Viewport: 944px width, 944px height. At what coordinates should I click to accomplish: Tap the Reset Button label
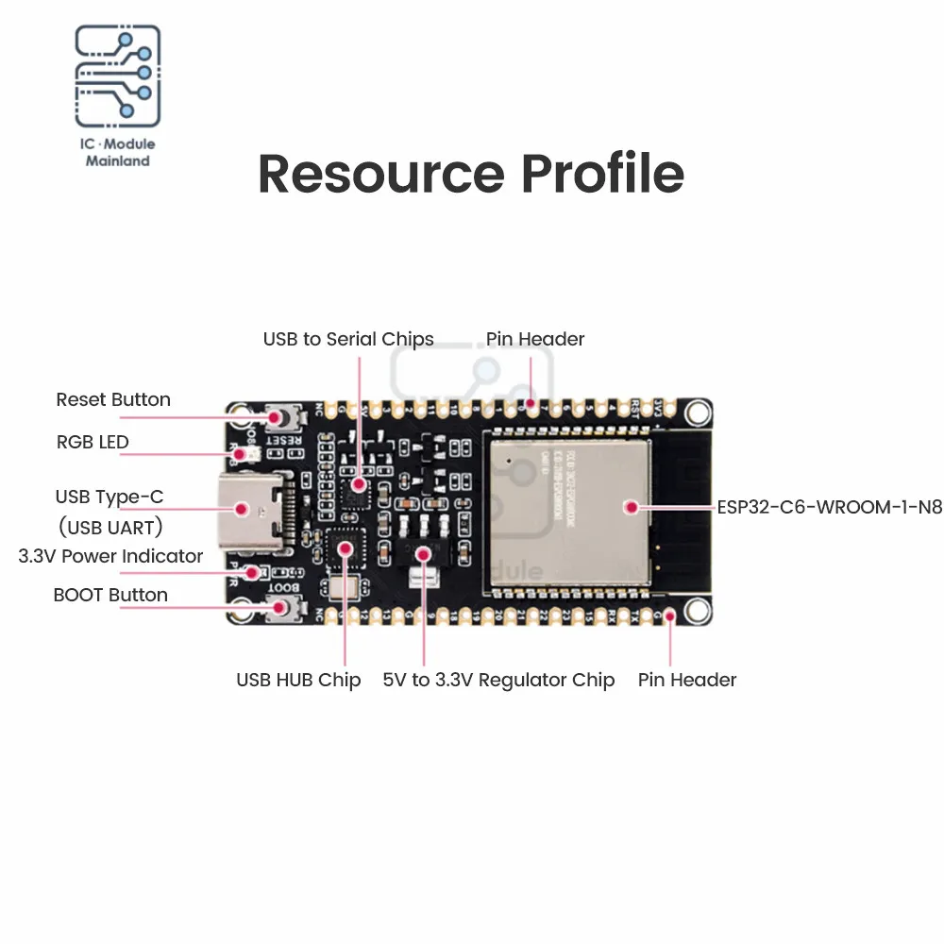113,399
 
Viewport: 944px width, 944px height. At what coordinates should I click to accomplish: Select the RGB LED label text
93,442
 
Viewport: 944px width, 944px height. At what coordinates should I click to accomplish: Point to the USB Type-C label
110,497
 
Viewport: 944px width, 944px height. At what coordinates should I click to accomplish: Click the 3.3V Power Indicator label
110,556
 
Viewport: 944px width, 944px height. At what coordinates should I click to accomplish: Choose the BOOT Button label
110,595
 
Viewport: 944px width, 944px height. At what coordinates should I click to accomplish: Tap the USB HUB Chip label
298,680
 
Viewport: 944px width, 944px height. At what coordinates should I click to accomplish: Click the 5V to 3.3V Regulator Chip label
498,680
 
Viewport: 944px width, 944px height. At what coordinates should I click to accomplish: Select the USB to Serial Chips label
348,339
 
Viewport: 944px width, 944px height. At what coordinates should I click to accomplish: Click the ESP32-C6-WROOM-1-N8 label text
829,507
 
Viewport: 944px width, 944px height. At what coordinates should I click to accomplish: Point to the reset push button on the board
278,416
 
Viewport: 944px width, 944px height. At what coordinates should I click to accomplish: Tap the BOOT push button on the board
279,609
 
